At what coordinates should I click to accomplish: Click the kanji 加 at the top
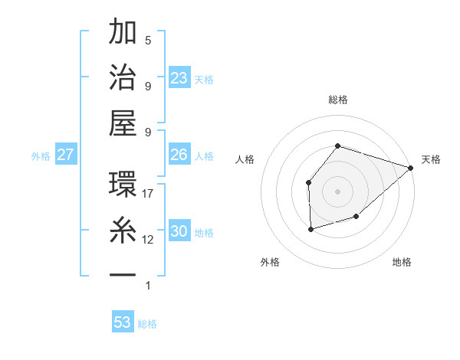click(x=123, y=34)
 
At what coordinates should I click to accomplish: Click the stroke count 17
click(x=148, y=194)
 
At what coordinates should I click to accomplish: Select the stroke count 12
click(x=148, y=240)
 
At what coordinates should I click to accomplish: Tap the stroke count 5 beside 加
click(x=148, y=40)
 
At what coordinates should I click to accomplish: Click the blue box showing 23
click(x=179, y=78)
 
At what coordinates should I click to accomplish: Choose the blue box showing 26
click(x=179, y=155)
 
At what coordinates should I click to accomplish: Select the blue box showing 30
click(x=179, y=231)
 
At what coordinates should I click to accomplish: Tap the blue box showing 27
click(x=65, y=155)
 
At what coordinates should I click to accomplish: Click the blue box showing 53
click(x=123, y=322)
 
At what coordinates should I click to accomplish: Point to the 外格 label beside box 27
click(x=41, y=156)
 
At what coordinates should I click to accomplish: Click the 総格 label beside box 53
click(x=147, y=324)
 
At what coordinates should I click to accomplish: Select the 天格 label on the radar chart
click(x=431, y=159)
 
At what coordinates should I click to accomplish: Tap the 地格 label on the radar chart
click(x=402, y=262)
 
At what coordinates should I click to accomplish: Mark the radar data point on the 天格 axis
click(x=411, y=168)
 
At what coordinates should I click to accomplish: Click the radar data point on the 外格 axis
click(x=310, y=229)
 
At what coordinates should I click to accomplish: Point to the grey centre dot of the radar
click(x=337, y=191)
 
